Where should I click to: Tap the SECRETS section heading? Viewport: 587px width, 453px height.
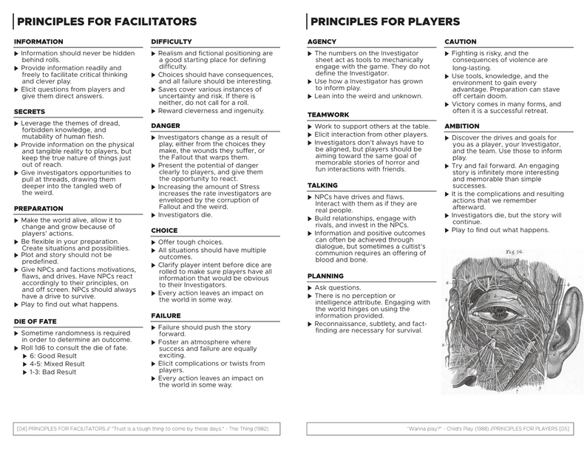30,111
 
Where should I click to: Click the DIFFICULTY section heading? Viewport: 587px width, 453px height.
172,42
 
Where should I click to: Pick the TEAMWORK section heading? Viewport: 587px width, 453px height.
328,116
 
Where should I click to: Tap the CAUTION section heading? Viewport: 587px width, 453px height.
461,42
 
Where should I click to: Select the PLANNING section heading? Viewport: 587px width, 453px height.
328,276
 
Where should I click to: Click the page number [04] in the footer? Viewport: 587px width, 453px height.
21,429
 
